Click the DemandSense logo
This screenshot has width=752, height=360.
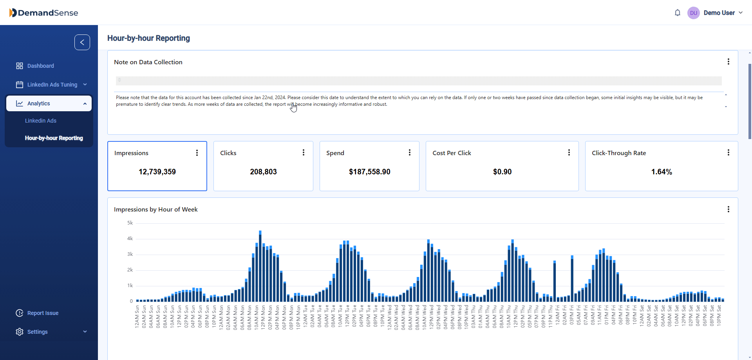43,13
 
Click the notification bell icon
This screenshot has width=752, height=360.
678,13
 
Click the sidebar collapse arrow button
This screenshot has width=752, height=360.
82,42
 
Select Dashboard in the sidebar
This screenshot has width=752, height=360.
40,66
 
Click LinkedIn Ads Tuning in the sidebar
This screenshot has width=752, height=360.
52,85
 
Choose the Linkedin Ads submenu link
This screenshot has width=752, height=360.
41,121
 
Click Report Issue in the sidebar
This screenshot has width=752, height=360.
43,313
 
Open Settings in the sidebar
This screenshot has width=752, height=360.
38,332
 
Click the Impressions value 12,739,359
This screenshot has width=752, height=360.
157,172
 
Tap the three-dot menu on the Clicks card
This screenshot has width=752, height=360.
304,153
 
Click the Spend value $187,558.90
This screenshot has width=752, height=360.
369,172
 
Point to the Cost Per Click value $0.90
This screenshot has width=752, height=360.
502,172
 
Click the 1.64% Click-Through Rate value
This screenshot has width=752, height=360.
662,172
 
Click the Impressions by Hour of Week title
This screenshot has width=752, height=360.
155,210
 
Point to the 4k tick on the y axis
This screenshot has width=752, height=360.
130,239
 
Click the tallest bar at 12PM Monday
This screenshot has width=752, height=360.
260,266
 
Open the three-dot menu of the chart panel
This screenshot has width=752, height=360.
728,210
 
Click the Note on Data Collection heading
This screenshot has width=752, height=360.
148,62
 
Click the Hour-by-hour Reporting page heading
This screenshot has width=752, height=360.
148,38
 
